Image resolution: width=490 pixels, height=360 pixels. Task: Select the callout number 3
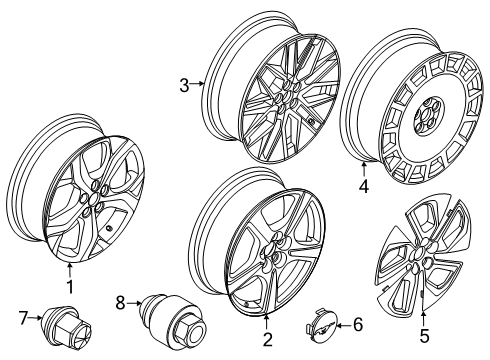coord(184,86)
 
